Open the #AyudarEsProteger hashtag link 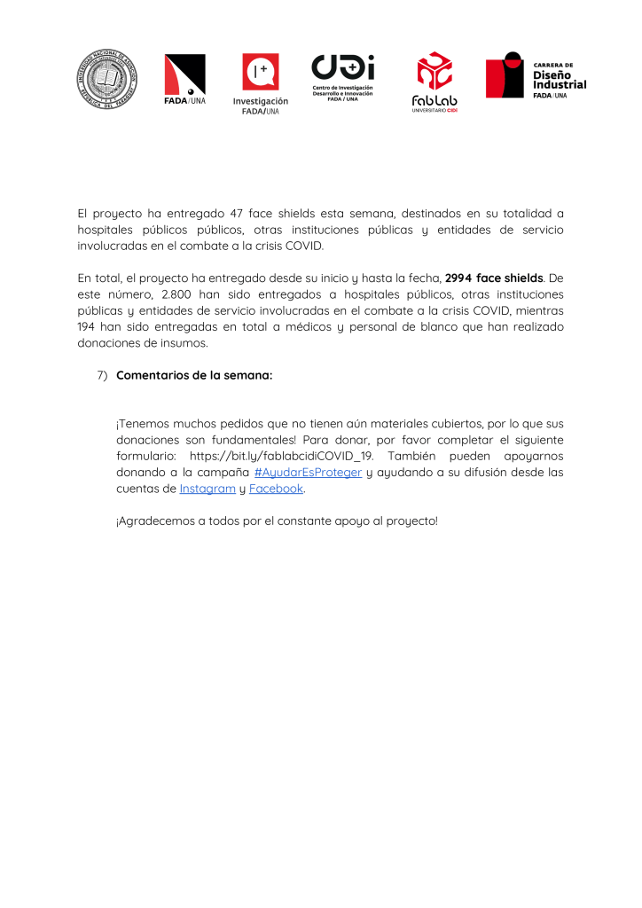(x=308, y=473)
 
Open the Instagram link (x=207, y=489)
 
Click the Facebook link (x=277, y=489)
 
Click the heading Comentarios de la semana (x=194, y=375)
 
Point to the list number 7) (x=102, y=375)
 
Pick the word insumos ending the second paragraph (x=182, y=343)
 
